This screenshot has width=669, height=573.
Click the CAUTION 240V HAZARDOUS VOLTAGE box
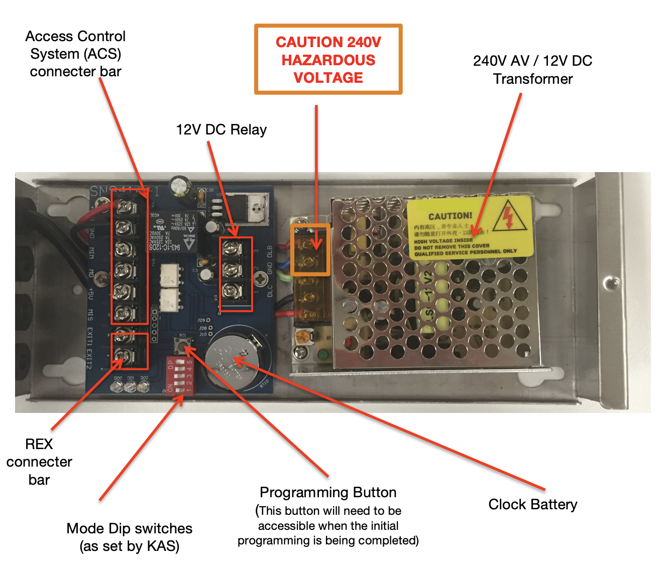point(328,60)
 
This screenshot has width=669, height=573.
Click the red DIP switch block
point(179,377)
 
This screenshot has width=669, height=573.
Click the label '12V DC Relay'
point(221,130)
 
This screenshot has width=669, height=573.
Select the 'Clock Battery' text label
point(532,504)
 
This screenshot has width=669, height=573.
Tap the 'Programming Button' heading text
point(328,492)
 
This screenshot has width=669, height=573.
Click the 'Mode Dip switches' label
point(130,528)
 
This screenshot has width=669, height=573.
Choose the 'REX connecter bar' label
point(39,462)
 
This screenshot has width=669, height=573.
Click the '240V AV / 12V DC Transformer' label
point(532,70)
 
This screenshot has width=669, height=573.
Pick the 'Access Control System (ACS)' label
point(75,54)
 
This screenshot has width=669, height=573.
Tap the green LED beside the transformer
point(321,355)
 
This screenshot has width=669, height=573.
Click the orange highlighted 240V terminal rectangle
point(310,250)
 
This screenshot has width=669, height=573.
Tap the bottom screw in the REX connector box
point(122,356)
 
